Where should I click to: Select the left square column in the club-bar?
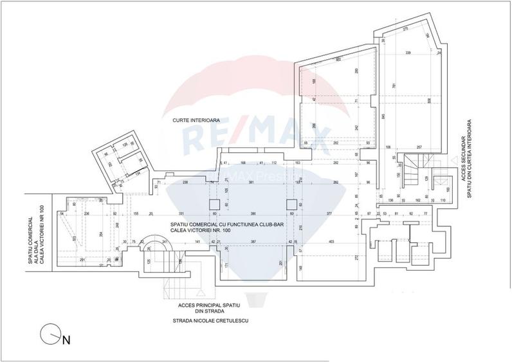coord(214,204)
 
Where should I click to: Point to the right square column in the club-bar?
coord(291,204)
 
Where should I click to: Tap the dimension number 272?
coord(356,257)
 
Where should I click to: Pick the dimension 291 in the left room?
coord(82,259)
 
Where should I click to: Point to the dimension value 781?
coord(394,87)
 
